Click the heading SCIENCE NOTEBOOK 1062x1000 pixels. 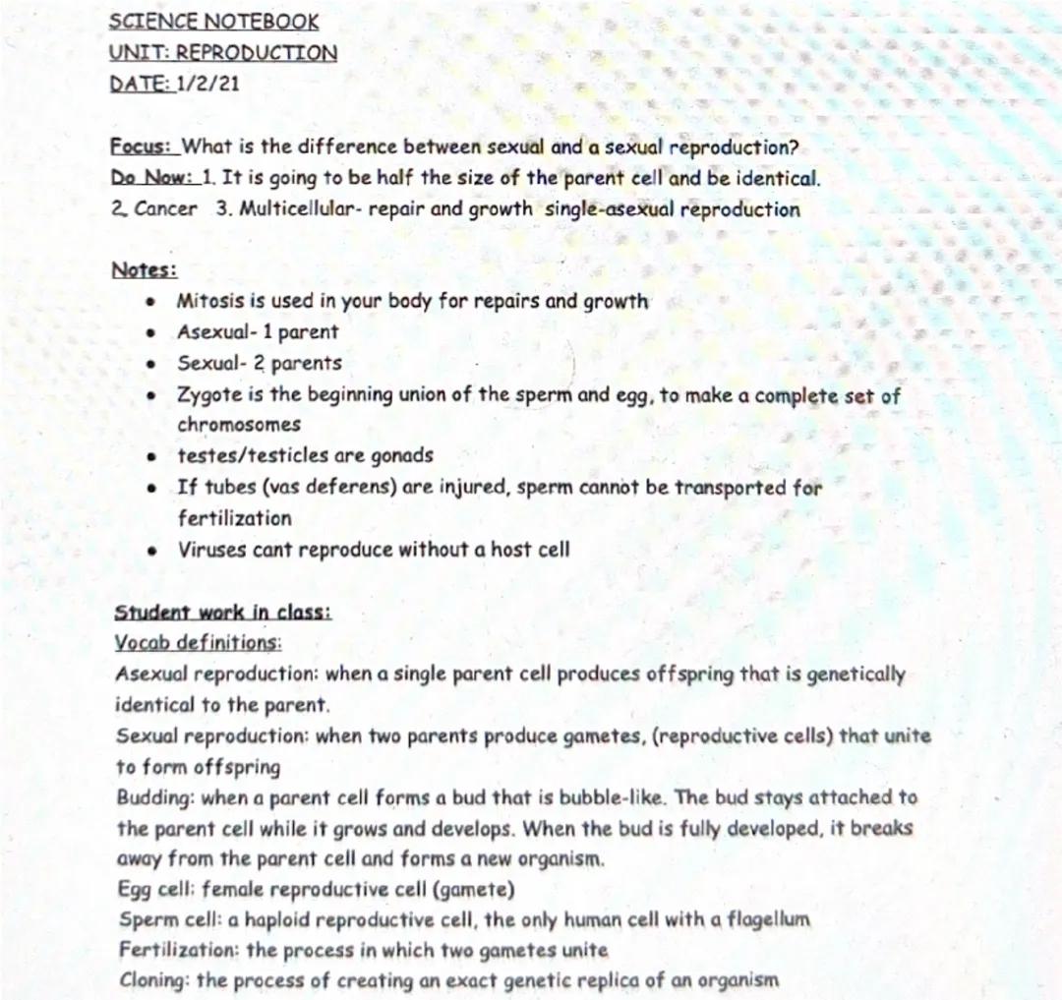[x=213, y=21]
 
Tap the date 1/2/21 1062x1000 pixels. [x=207, y=84]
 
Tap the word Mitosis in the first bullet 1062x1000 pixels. [x=207, y=302]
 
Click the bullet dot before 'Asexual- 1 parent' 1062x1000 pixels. [x=150, y=333]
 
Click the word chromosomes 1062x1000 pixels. [x=239, y=426]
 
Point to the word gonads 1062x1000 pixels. [x=399, y=456]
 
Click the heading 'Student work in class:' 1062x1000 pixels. [x=223, y=613]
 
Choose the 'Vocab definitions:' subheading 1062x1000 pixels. [x=198, y=643]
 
